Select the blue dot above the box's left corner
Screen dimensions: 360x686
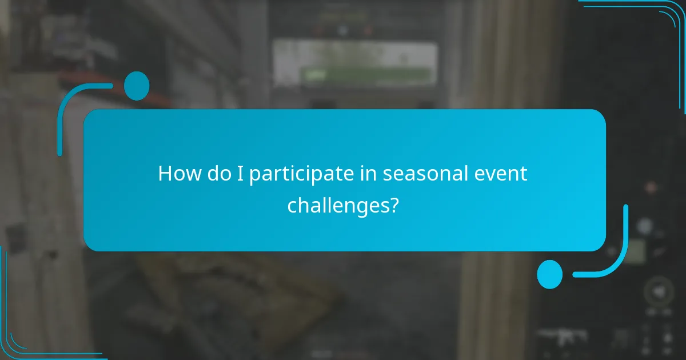point(137,86)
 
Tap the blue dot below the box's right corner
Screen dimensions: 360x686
point(550,274)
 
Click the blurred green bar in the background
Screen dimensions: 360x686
point(366,74)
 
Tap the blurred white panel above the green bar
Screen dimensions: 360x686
point(354,54)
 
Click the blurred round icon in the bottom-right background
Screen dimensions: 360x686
point(659,292)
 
